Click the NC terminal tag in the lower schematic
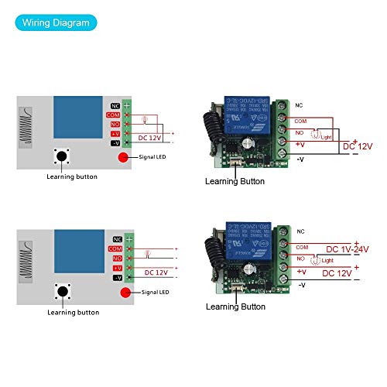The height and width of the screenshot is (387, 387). pos(116,239)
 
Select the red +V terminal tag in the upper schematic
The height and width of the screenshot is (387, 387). pos(116,133)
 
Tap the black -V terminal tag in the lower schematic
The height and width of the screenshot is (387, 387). pos(116,276)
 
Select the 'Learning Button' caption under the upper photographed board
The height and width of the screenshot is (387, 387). pos(234,181)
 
